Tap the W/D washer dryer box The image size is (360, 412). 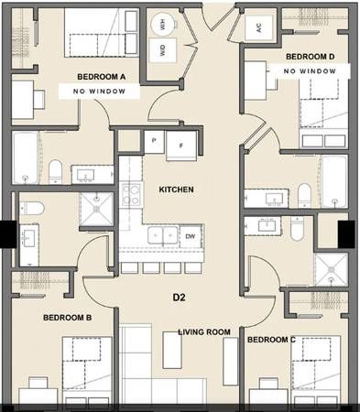click(x=163, y=50)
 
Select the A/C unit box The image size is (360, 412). click(x=259, y=28)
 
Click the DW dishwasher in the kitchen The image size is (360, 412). click(x=191, y=236)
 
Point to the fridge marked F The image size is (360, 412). click(x=181, y=146)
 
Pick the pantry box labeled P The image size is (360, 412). click(x=154, y=141)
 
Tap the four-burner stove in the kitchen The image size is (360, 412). click(x=131, y=195)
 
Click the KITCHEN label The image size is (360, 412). click(x=177, y=190)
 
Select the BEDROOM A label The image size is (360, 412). click(x=102, y=77)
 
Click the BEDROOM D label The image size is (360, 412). click(x=311, y=57)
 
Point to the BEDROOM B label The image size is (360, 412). click(x=68, y=318)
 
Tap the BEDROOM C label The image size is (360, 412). click(x=271, y=340)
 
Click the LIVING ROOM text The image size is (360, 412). click(x=204, y=332)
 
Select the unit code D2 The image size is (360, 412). click(x=180, y=298)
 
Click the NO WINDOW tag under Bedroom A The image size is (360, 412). click(x=99, y=92)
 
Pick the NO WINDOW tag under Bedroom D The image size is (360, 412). click(x=310, y=71)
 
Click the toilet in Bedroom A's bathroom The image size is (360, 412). click(x=55, y=171)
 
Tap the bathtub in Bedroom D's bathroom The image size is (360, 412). click(x=335, y=181)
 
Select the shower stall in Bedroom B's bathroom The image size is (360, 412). click(x=96, y=209)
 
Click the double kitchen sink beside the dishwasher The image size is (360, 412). click(x=163, y=235)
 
